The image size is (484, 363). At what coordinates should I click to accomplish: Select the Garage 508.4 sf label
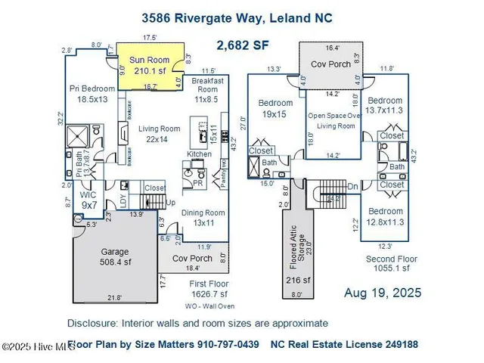click(116, 257)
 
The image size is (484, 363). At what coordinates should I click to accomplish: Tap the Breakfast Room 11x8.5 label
click(206, 93)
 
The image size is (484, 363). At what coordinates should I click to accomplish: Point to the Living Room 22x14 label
click(159, 134)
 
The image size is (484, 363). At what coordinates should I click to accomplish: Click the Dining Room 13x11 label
click(203, 218)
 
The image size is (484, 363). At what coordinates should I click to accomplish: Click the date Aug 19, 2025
click(383, 293)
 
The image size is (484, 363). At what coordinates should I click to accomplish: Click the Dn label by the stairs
click(352, 187)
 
